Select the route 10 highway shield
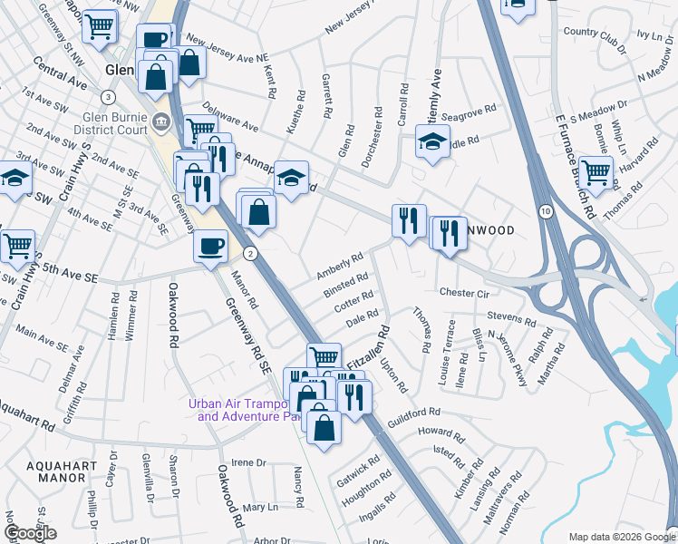(x=545, y=210)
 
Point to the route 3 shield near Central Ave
(x=109, y=97)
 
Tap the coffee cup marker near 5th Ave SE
(x=211, y=247)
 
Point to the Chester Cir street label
(x=464, y=293)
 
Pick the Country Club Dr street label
(x=595, y=44)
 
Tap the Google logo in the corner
(x=31, y=532)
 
